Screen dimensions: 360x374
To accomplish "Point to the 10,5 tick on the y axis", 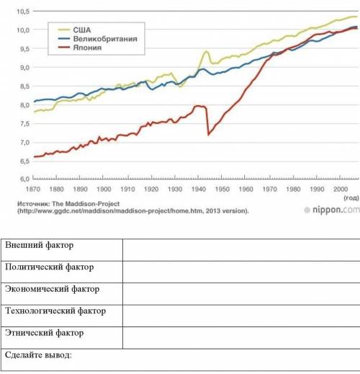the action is tap(23, 12).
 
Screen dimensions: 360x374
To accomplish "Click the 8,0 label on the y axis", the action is tap(24, 105).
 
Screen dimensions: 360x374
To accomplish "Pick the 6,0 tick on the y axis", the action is tap(24, 179).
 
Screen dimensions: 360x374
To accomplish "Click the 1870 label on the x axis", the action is tap(33, 190).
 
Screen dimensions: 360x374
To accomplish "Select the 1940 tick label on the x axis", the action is tap(199, 190).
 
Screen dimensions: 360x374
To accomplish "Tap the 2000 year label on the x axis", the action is tap(341, 190).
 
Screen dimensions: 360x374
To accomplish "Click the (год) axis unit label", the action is tap(351, 198).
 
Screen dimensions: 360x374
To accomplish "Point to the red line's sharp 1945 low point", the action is tap(208, 135).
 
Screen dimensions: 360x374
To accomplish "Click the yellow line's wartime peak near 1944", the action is tap(206, 51).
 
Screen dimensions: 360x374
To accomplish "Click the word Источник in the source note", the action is tap(33, 204).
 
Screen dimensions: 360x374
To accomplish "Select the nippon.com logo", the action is tap(332, 210).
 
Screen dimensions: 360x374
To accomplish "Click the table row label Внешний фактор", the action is tap(39, 245).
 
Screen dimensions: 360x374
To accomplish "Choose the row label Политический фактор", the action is tap(50, 267).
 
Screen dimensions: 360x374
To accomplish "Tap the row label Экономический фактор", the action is tap(52, 289).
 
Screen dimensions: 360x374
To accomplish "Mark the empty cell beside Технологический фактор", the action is tap(241, 316).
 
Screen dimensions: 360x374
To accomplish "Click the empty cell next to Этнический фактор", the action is tap(241, 338).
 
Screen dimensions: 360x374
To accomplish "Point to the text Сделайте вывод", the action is tap(38, 355).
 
